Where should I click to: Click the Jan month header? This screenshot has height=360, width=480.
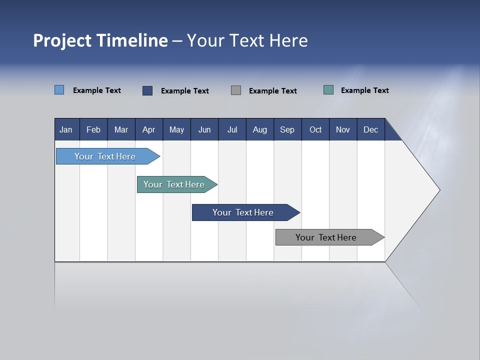tap(66, 129)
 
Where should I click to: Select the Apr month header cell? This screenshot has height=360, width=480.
tap(149, 129)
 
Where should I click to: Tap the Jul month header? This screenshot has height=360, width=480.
tap(232, 129)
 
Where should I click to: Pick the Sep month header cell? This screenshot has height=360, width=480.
tap(287, 129)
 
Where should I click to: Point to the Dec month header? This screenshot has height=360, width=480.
tap(370, 129)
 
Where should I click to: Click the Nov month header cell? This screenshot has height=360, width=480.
tap(343, 129)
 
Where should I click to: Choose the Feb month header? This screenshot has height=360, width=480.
tap(93, 129)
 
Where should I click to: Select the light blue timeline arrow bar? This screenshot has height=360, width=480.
tap(105, 156)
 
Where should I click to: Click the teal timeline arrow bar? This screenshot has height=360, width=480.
tap(174, 184)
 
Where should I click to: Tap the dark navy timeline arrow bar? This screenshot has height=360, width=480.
tap(243, 212)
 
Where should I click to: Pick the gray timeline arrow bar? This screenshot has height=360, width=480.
tap(326, 237)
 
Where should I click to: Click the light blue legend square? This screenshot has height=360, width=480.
tap(59, 90)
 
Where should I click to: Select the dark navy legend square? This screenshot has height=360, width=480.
tap(147, 90)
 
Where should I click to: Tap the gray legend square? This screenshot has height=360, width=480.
tap(236, 90)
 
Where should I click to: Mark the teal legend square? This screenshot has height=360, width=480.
tap(328, 90)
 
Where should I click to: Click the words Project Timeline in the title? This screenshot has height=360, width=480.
tap(100, 40)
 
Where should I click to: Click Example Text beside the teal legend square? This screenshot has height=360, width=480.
tap(364, 90)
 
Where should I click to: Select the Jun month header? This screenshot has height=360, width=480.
tap(204, 129)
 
